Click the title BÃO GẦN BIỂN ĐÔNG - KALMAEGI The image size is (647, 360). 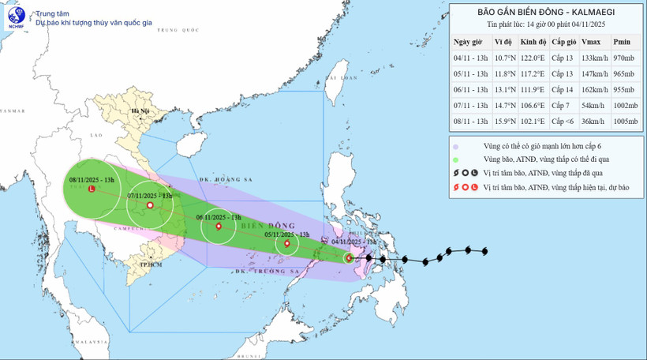tap(547, 12)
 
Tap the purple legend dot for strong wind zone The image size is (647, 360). tap(457, 146)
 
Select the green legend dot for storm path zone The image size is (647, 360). tap(457, 159)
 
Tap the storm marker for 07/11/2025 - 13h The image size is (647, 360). tap(150, 205)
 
